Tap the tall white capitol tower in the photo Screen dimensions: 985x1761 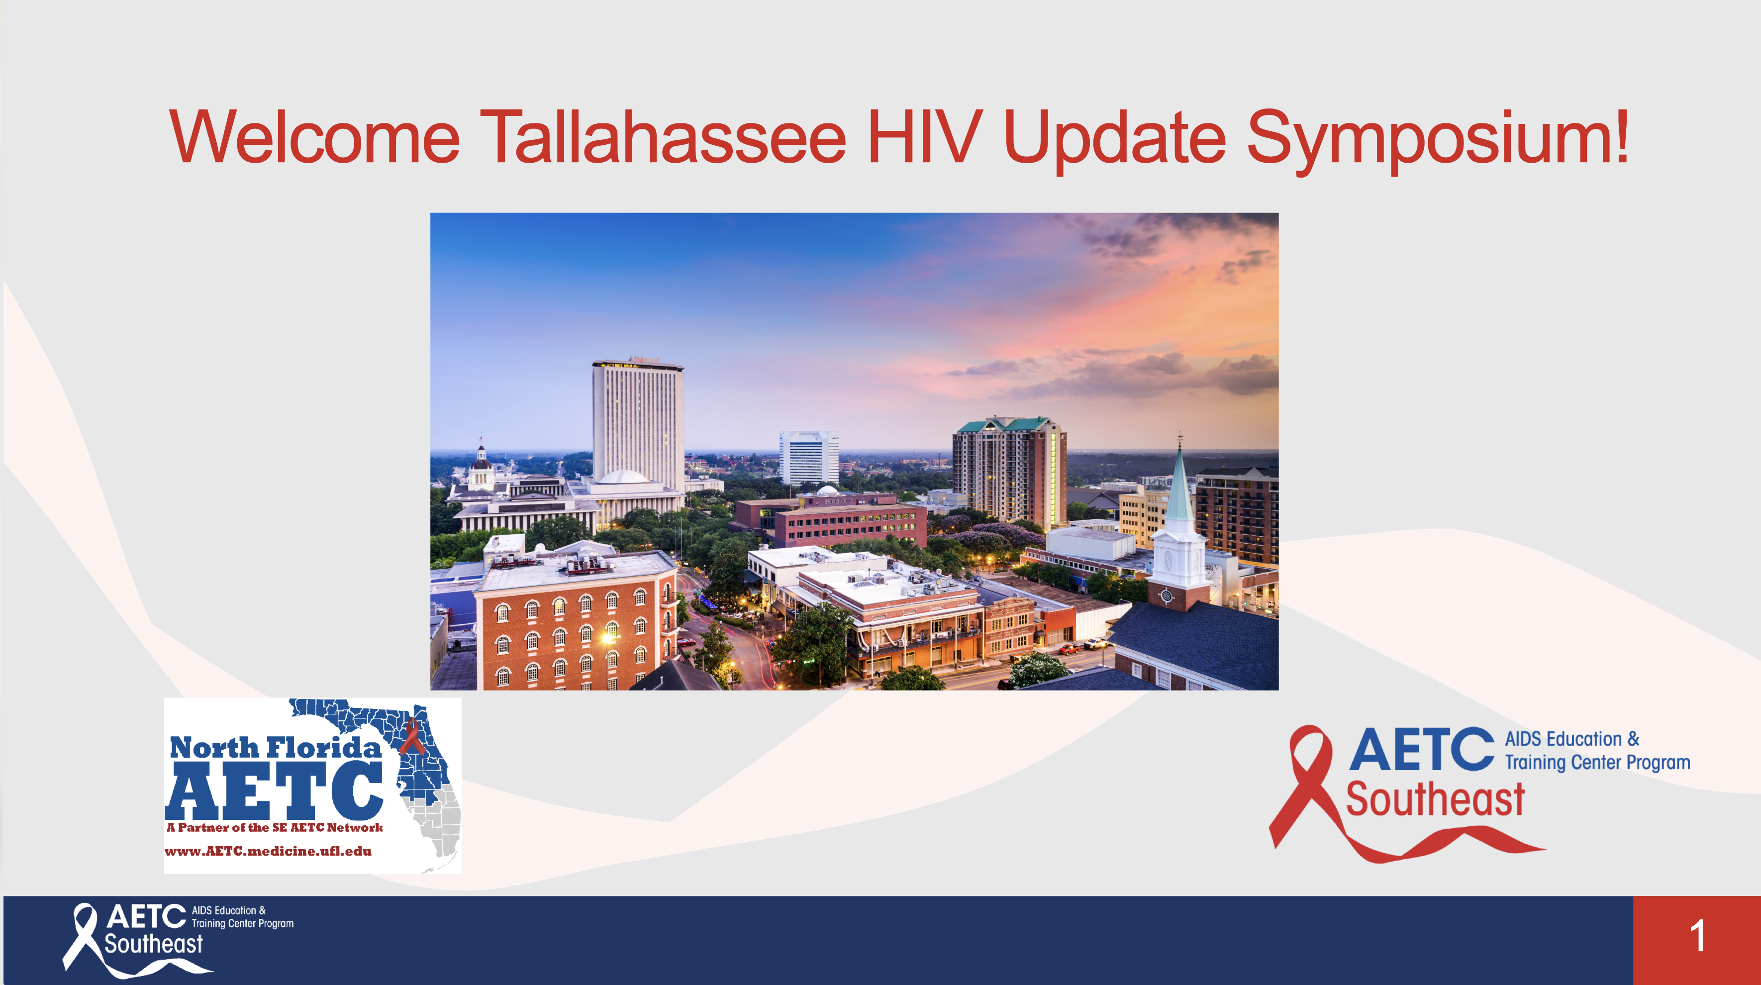637,424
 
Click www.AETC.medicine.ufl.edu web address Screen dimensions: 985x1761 268,851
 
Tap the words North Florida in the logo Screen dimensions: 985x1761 275,747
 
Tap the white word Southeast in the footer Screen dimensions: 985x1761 153,944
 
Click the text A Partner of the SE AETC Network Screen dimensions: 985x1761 274,827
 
